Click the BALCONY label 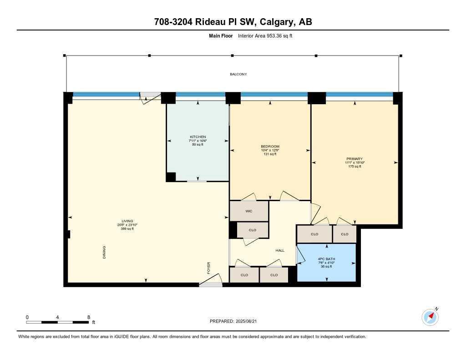(x=238, y=74)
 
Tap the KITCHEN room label (x=198, y=137)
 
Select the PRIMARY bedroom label (x=354, y=159)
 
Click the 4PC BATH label (x=326, y=259)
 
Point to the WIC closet (x=249, y=211)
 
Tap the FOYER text (x=209, y=267)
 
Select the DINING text (x=104, y=253)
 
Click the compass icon (x=430, y=317)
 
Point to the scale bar (x=57, y=322)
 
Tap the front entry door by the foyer (x=210, y=284)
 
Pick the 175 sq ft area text (x=354, y=167)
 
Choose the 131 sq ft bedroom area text (x=270, y=154)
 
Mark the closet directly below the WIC (x=253, y=230)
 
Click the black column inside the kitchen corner (x=171, y=177)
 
